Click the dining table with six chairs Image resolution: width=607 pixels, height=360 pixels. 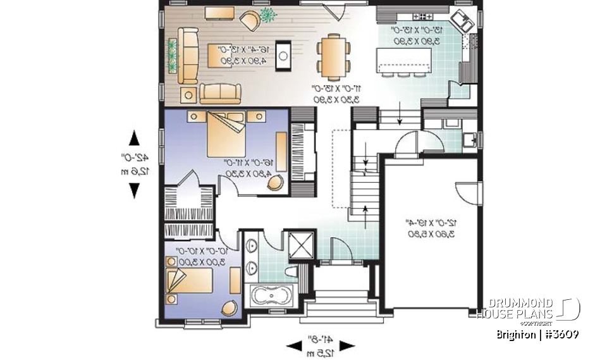pyautogui.click(x=333, y=55)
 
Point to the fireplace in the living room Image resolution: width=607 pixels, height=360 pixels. pyautogui.click(x=286, y=56)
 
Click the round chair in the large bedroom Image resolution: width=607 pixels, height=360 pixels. pyautogui.click(x=275, y=182)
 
